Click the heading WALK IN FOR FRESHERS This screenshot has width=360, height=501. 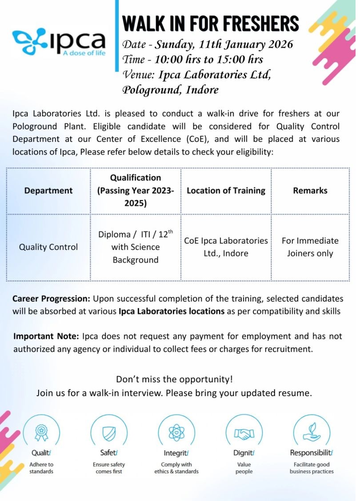[x=210, y=23]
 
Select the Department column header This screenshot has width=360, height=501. [x=48, y=191]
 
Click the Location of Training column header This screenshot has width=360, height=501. [x=226, y=191]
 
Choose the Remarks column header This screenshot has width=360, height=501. [x=310, y=191]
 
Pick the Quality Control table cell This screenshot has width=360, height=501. [x=48, y=247]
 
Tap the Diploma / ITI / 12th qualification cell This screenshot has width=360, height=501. [x=136, y=247]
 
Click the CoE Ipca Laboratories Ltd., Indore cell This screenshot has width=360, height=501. [x=226, y=247]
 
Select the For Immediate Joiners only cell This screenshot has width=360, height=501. [x=310, y=247]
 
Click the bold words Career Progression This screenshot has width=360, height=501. [x=52, y=299]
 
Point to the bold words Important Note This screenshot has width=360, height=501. [x=46, y=336]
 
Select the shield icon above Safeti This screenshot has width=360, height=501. [x=109, y=431]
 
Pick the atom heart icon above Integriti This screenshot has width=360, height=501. [x=176, y=431]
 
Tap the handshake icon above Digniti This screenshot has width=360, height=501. [x=244, y=431]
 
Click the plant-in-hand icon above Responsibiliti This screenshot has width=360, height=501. [x=311, y=431]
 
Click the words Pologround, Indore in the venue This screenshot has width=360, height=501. [x=171, y=90]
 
